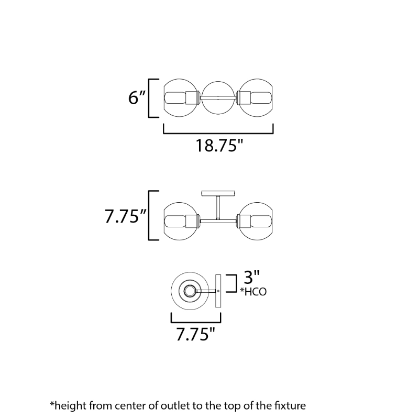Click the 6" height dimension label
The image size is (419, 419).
(x=137, y=97)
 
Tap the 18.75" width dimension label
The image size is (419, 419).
(x=219, y=146)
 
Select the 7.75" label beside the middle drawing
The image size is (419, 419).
(x=126, y=216)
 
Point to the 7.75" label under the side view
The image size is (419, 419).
(x=195, y=334)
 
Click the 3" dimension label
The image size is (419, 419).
(x=252, y=277)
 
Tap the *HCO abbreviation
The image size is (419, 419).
(x=253, y=292)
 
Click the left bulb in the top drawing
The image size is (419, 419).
(x=175, y=98)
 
